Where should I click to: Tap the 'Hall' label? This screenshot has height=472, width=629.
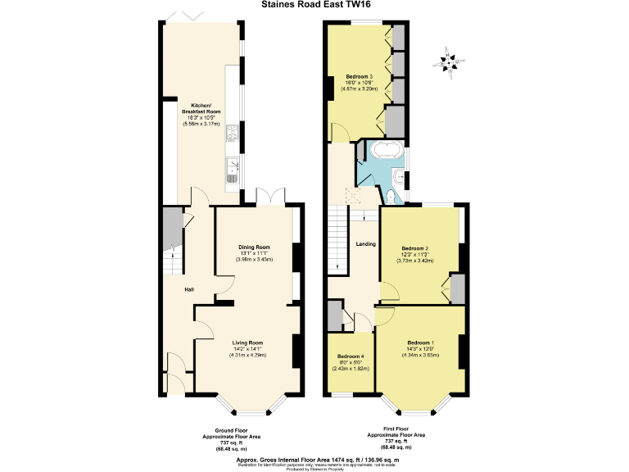coord(188,289)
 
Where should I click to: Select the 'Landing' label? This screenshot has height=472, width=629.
coord(365,243)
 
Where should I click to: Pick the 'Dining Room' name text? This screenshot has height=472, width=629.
coord(254,247)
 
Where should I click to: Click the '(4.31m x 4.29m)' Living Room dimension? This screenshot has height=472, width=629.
coord(248,355)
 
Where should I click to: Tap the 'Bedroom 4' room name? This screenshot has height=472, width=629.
coord(351,357)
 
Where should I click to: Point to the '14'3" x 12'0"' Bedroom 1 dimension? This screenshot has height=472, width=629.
coord(421,348)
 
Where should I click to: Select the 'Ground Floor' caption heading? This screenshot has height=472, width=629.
coord(232,430)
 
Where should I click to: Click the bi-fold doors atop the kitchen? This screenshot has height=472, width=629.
coord(183,15)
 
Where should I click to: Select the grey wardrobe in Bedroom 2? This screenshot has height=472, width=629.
coord(457,288)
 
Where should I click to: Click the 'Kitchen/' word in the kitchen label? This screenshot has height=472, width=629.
coord(201,106)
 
